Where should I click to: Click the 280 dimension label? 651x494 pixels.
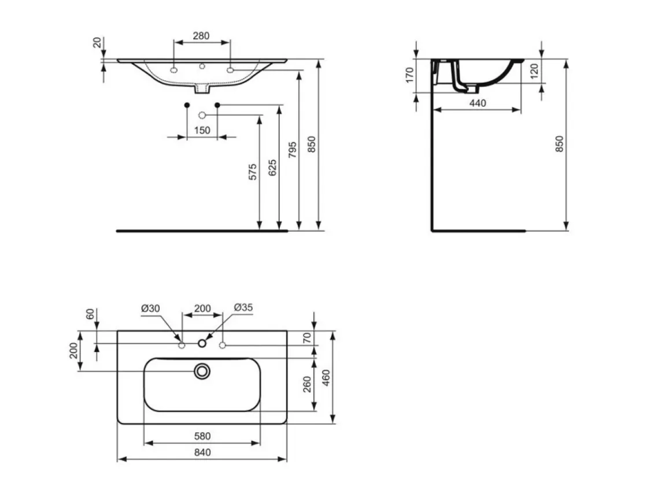point(201,36)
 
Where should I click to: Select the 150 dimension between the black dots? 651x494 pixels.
point(202,130)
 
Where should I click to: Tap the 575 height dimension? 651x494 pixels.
point(253,172)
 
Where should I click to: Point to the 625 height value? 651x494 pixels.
point(272,168)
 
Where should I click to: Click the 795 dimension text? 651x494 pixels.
point(293,150)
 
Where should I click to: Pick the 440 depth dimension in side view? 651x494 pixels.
point(478,103)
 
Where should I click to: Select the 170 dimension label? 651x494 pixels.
point(410,75)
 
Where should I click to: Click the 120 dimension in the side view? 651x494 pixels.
point(534,71)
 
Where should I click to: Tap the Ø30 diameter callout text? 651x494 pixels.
point(150,308)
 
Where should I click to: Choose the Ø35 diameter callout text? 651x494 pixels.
point(243,307)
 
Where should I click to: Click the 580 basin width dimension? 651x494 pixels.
point(202,436)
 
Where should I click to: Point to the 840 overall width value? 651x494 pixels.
point(202,452)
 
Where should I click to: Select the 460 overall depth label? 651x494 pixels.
point(326,377)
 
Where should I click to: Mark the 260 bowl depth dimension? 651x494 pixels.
point(307,384)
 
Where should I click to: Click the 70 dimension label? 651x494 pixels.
point(307,337)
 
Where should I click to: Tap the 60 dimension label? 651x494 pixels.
point(90,314)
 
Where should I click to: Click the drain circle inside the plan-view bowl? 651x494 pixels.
point(202,371)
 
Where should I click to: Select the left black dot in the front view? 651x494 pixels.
point(187,105)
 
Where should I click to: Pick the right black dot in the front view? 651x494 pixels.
point(217,105)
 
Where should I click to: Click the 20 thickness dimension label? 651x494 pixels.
point(97,42)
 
